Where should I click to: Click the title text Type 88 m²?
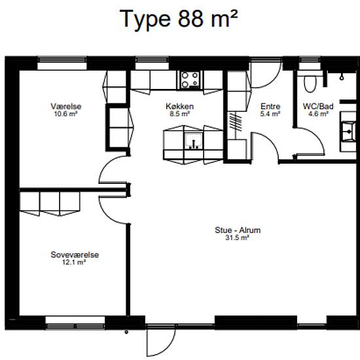[179, 19]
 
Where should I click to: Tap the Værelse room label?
[66, 107]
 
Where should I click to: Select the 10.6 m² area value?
[65, 114]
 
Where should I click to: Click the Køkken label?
[180, 107]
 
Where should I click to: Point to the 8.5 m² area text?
[180, 114]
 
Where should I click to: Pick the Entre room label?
[270, 107]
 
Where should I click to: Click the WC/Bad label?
[318, 107]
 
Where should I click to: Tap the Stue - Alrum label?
[238, 230]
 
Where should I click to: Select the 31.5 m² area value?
[238, 238]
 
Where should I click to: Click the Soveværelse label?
[75, 255]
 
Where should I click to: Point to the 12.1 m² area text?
[74, 262]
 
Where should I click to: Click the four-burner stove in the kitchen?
[190, 80]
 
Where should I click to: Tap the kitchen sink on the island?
[194, 141]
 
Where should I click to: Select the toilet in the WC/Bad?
[310, 84]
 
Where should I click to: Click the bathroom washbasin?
[349, 132]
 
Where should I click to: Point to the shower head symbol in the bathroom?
[342, 77]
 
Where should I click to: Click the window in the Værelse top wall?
[62, 63]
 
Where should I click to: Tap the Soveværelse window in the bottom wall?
[75, 323]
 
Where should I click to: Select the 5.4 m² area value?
[270, 114]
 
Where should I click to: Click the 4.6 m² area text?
[318, 114]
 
